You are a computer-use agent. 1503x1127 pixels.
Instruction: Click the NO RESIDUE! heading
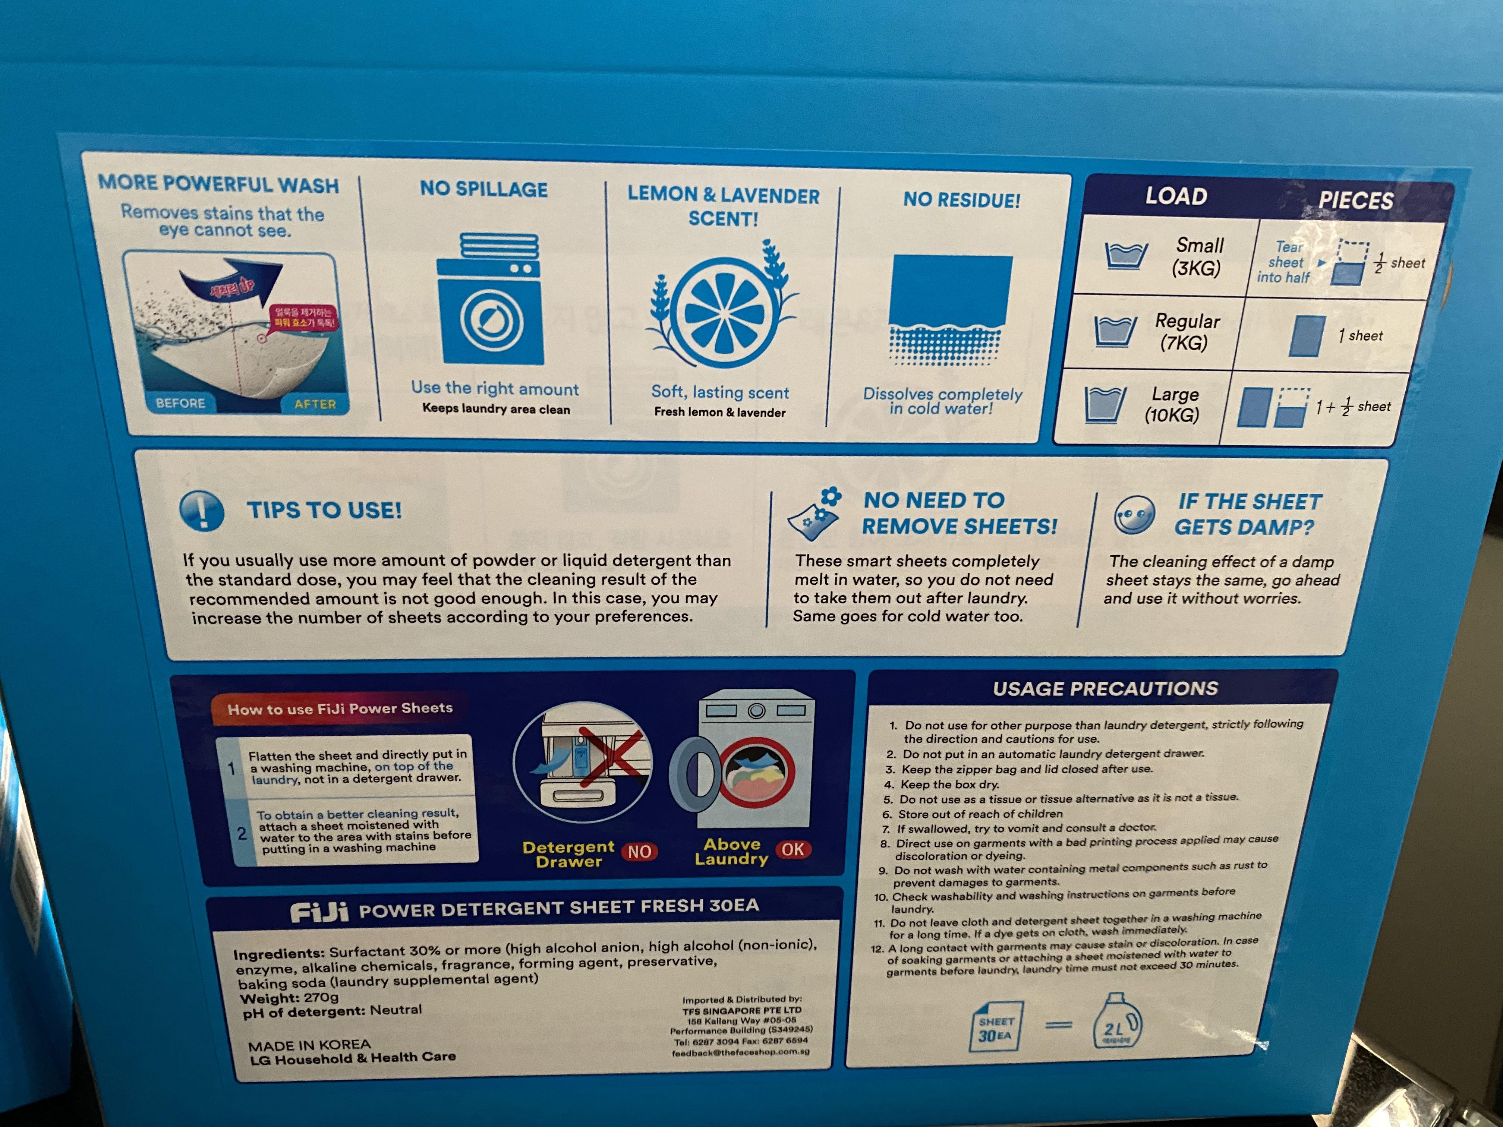click(x=961, y=200)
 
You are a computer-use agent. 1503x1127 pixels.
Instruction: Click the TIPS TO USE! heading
click(x=324, y=510)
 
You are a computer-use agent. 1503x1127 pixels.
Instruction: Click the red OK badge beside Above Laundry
click(x=792, y=849)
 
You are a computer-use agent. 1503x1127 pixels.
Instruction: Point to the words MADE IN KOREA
click(x=309, y=1045)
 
